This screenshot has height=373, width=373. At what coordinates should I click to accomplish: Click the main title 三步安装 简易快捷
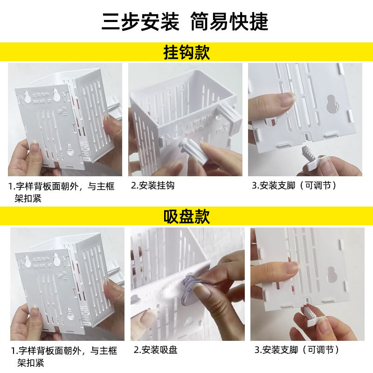185,21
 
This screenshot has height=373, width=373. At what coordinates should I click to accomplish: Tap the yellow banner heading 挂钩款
186,52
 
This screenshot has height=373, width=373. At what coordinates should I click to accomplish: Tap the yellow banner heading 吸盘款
186,216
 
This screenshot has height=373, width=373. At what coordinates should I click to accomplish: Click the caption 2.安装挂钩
153,186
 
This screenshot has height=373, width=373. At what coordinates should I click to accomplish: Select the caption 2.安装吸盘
156,350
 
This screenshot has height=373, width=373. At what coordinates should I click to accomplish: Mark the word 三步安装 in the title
140,21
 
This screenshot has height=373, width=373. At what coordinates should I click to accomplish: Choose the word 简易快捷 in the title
229,21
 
